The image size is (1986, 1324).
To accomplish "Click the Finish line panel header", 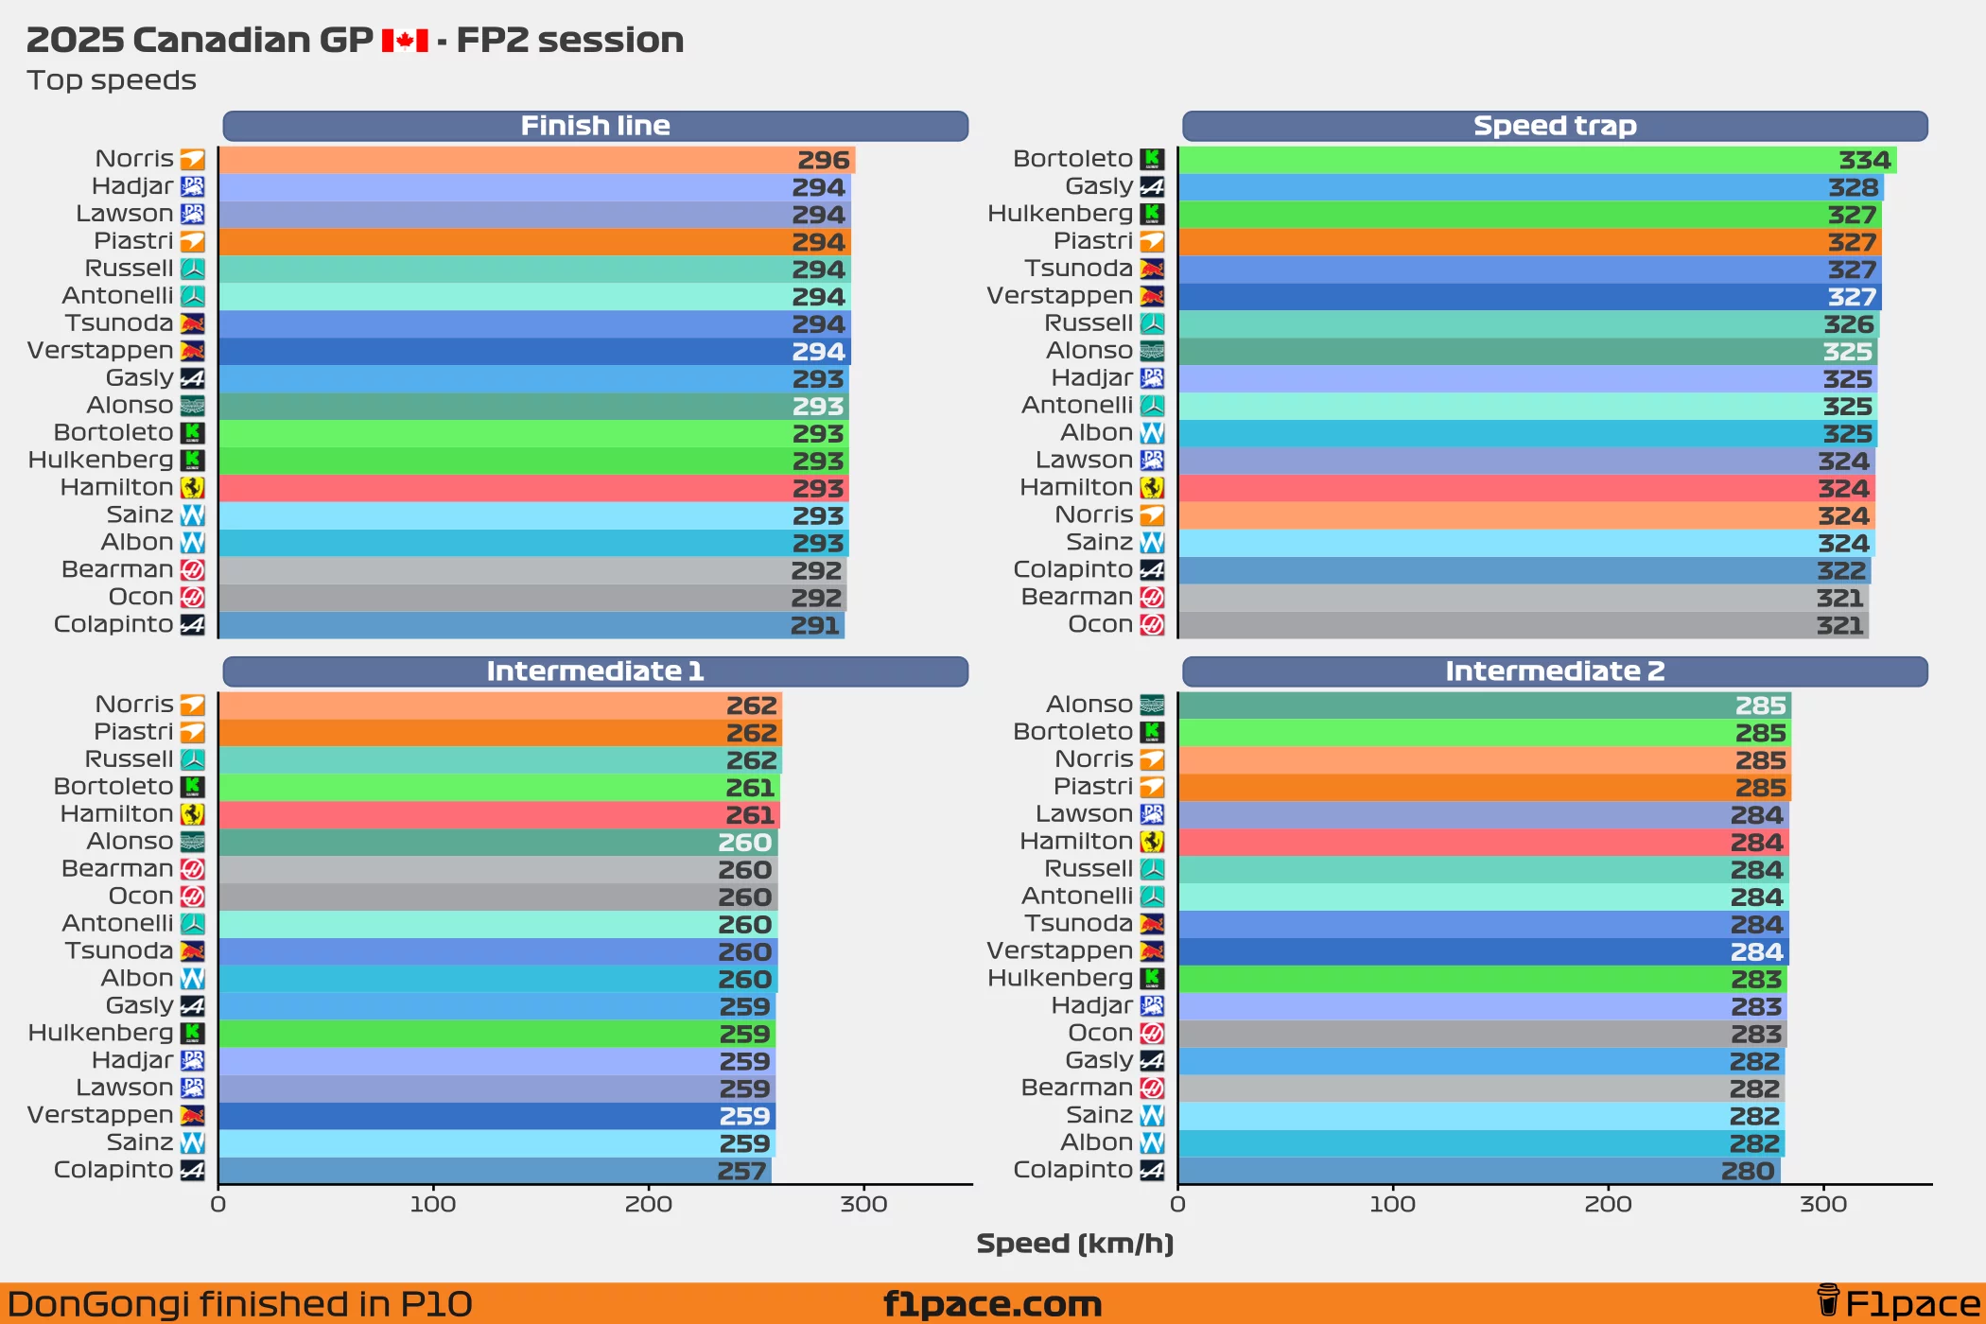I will click(x=595, y=126).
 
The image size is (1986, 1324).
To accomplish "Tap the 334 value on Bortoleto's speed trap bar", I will click(x=1864, y=160).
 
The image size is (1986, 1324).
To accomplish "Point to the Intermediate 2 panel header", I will click(x=1554, y=671).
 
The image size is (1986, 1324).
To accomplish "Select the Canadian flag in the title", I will click(x=405, y=41).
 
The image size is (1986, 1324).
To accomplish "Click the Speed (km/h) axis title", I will click(x=1074, y=1243).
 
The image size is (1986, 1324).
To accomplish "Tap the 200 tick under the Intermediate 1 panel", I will click(x=649, y=1204).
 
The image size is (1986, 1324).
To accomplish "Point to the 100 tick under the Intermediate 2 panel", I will click(x=1392, y=1204).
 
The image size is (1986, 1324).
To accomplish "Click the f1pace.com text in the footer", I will click(x=992, y=1304).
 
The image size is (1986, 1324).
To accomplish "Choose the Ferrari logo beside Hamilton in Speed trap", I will click(x=1152, y=488).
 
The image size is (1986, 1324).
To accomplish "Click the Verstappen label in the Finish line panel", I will click(x=100, y=351).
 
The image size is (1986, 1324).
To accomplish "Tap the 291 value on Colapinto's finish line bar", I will click(x=814, y=625).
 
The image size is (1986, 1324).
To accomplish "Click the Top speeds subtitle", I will click(x=112, y=80).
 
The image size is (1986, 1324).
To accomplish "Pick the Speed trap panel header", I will click(x=1554, y=126).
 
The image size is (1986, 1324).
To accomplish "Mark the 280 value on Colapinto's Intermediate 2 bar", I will click(x=1747, y=1171).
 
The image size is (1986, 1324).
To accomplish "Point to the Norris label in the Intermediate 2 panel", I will click(x=1093, y=759).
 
